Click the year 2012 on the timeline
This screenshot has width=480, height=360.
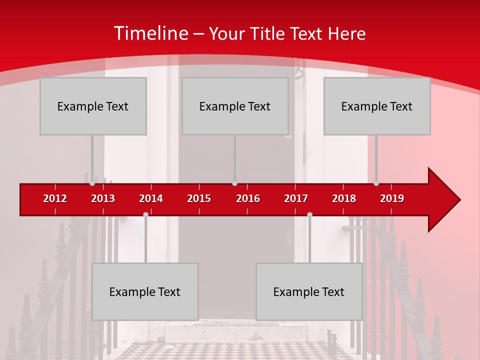(x=55, y=198)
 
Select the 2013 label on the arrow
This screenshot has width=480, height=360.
(x=103, y=198)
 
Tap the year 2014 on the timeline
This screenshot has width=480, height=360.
(x=151, y=198)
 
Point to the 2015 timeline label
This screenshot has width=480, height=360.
(x=199, y=198)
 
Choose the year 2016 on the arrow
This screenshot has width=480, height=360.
(x=248, y=198)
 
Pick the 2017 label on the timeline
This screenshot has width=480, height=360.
(x=296, y=198)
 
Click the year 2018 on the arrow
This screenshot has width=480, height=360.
(x=344, y=198)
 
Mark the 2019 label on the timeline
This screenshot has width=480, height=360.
(x=392, y=198)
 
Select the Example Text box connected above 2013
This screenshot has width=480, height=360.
(x=93, y=106)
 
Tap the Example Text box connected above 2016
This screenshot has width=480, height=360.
(x=235, y=106)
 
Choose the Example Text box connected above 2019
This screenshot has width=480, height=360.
(x=377, y=106)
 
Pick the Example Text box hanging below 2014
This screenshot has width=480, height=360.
(x=145, y=291)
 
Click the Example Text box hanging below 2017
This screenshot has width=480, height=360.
(x=309, y=291)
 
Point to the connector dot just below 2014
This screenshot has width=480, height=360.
(x=145, y=214)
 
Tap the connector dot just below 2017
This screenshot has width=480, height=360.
(x=309, y=214)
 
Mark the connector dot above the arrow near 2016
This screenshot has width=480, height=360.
(x=234, y=183)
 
